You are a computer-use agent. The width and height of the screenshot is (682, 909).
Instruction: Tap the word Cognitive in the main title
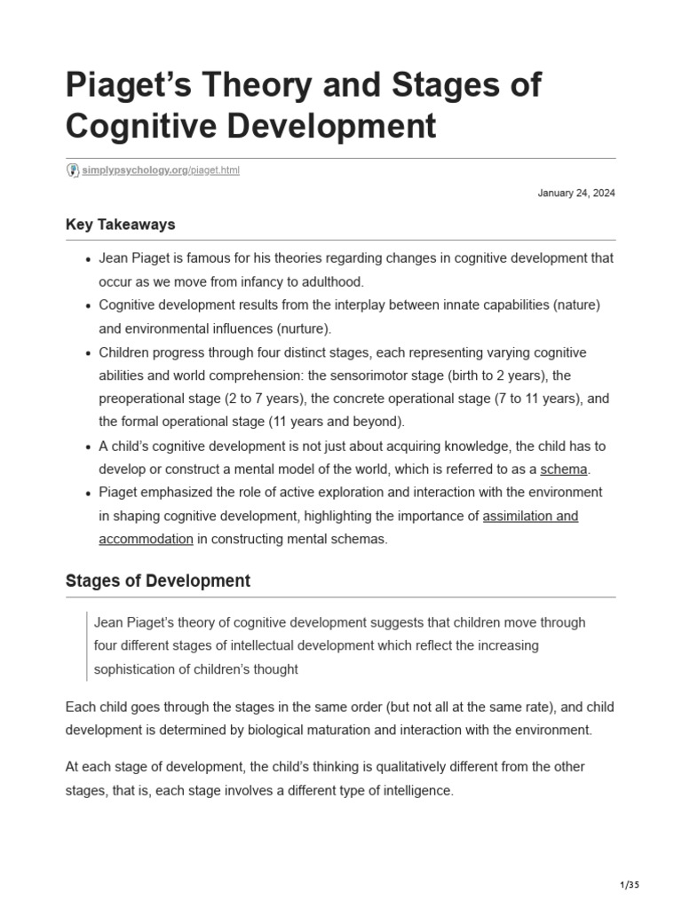pyautogui.click(x=144, y=126)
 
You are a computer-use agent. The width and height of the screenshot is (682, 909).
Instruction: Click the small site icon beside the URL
pyautogui.click(x=73, y=170)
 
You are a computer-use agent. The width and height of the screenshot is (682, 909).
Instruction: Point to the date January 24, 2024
pyautogui.click(x=576, y=194)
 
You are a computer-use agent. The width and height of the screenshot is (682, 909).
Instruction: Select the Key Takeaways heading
pyautogui.click(x=120, y=225)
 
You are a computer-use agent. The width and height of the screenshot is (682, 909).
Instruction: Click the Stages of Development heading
pyautogui.click(x=158, y=581)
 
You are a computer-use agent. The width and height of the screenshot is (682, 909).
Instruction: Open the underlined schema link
pyautogui.click(x=564, y=470)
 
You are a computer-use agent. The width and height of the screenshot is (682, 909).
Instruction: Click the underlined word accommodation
pyautogui.click(x=146, y=539)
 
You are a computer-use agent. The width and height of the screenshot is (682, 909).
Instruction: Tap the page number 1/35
pyautogui.click(x=628, y=885)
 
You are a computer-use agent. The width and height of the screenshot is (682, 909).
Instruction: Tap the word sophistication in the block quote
pyautogui.click(x=137, y=669)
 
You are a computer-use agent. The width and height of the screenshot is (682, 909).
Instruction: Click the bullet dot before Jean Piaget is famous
pyautogui.click(x=89, y=259)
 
